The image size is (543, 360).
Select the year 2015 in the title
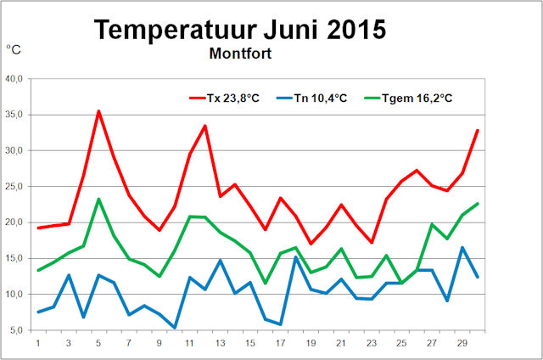[x=350, y=30]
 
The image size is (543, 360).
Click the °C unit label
[x=14, y=50]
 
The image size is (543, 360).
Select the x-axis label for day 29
[x=463, y=342]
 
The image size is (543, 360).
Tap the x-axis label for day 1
[x=39, y=342]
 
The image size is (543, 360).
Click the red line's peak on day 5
[x=99, y=111]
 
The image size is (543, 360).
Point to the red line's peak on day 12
[x=205, y=126]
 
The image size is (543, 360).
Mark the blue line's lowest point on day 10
[x=175, y=327]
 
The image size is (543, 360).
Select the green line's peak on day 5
[x=99, y=200]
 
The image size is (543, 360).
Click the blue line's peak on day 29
[x=463, y=247]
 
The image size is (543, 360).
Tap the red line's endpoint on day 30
[x=479, y=130]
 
